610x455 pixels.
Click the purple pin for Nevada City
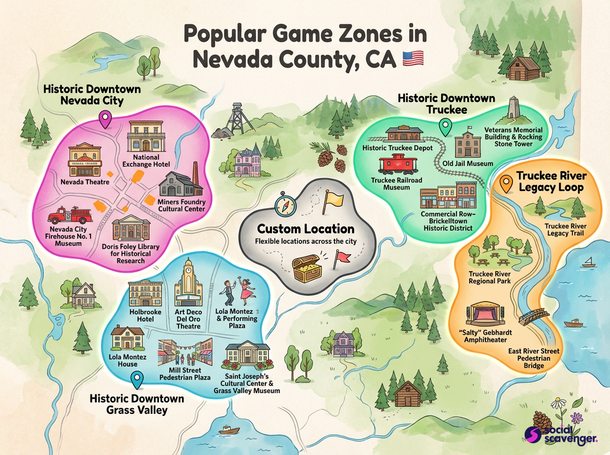(x=105, y=120)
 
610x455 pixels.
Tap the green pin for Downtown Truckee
(x=446, y=127)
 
